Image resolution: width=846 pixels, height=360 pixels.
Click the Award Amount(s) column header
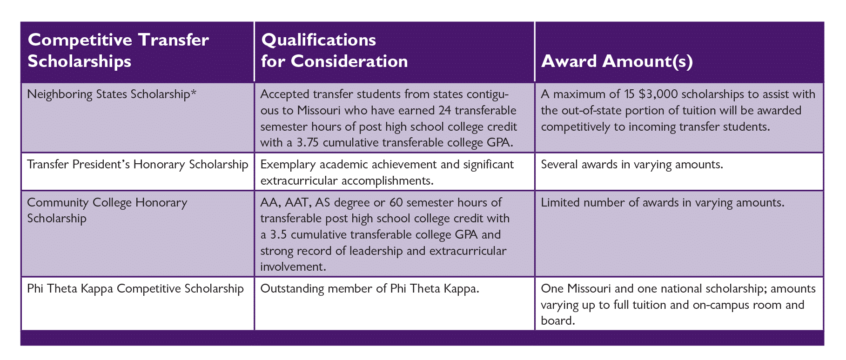coord(617,61)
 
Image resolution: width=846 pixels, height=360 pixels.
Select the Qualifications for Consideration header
coord(335,50)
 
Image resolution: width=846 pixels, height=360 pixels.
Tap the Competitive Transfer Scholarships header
coord(118,50)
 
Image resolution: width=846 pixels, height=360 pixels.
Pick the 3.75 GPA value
coord(308,143)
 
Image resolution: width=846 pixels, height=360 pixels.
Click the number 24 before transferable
coord(445,111)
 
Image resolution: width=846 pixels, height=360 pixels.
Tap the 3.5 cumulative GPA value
coord(278,234)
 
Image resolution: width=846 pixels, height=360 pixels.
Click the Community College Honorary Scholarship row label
coord(107,210)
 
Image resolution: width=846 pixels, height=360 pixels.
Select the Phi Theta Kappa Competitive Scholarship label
coord(135,289)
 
